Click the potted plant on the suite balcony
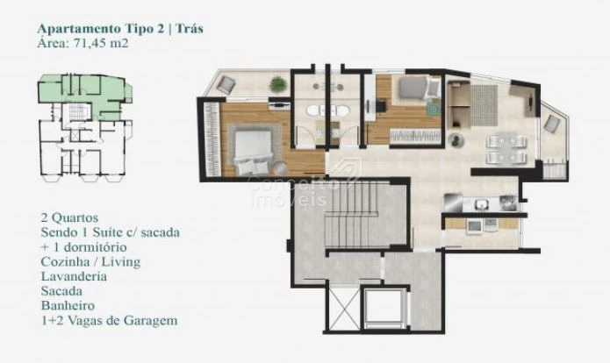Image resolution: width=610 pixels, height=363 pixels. (x=277, y=84)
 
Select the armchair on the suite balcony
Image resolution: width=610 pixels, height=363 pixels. (x=226, y=84)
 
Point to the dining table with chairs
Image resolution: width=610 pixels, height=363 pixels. (x=506, y=148)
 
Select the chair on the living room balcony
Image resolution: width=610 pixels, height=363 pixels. (x=551, y=124)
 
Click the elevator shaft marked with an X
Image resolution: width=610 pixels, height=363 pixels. (x=342, y=309)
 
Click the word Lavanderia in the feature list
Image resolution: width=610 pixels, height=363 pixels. (x=74, y=276)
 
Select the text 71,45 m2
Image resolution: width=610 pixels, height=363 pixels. (x=99, y=43)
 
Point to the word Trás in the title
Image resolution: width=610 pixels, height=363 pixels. (x=190, y=28)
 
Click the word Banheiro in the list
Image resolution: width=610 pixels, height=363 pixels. (x=68, y=305)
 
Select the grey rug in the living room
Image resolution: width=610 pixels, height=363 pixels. (x=484, y=105)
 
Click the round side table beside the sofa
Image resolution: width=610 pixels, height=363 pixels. (x=455, y=139)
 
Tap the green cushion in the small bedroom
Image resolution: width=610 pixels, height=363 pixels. (x=432, y=108)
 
